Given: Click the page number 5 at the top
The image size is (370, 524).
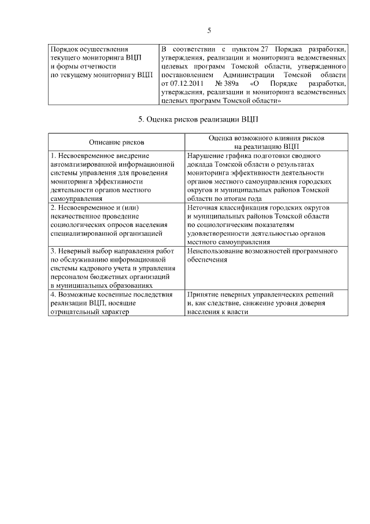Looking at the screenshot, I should pos(209,31).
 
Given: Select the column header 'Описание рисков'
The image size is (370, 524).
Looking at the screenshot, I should pos(117,142).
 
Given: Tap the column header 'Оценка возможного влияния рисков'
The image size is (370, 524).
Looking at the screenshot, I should pos(267,138).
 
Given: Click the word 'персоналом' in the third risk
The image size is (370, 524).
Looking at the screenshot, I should pos(69,276).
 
